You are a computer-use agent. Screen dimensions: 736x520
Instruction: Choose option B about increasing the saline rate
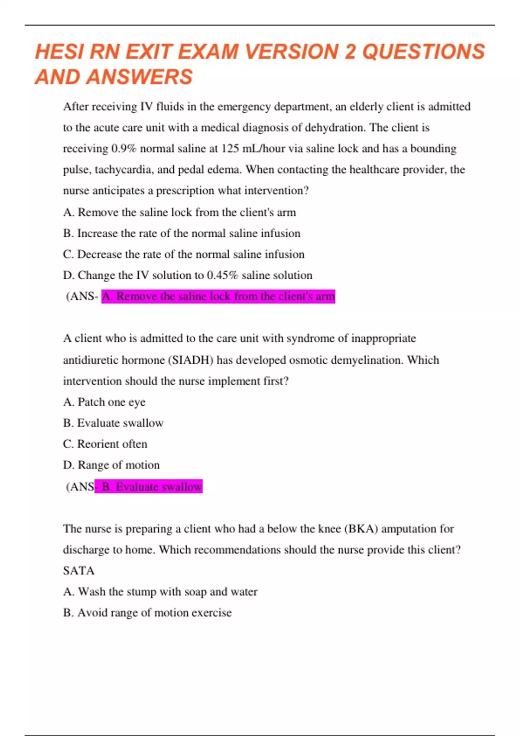click(182, 233)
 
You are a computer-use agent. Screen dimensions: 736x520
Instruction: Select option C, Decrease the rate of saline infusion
click(184, 254)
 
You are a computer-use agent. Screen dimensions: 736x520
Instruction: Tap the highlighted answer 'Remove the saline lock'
click(218, 297)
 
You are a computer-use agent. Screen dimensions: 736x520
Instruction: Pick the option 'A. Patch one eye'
click(104, 402)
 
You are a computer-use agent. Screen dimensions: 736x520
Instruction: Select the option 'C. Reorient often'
click(105, 444)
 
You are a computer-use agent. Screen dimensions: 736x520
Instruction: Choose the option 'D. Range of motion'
click(111, 465)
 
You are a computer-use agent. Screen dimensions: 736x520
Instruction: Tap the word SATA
click(78, 571)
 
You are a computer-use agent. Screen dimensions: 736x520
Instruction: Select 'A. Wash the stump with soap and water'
click(160, 592)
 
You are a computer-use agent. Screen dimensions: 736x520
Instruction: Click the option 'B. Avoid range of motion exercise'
click(147, 613)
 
